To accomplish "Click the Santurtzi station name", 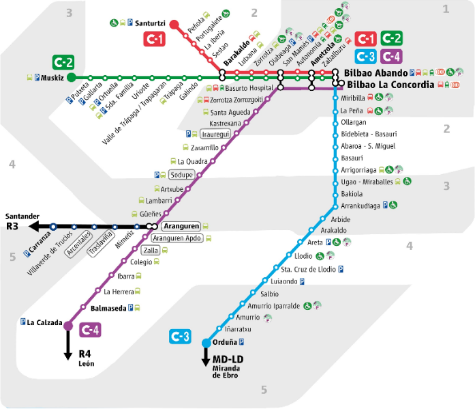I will [151, 23].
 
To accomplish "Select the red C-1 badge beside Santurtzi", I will [154, 40].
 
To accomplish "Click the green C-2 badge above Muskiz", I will [63, 63].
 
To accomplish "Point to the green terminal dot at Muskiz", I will [72, 77].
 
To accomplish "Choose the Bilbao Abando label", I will [376, 72].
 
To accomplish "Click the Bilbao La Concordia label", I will [390, 85].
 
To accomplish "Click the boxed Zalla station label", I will [151, 250].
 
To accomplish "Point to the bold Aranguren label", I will [181, 226].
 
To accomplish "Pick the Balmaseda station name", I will [108, 308].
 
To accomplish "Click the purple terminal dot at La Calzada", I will [68, 326].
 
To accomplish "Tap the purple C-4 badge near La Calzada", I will [91, 330].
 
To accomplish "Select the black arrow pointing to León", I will [68, 348].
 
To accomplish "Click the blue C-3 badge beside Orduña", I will [180, 337].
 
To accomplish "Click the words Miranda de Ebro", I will [228, 371].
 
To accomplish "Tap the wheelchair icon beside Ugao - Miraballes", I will [408, 182].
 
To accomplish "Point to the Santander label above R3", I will [22, 216].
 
